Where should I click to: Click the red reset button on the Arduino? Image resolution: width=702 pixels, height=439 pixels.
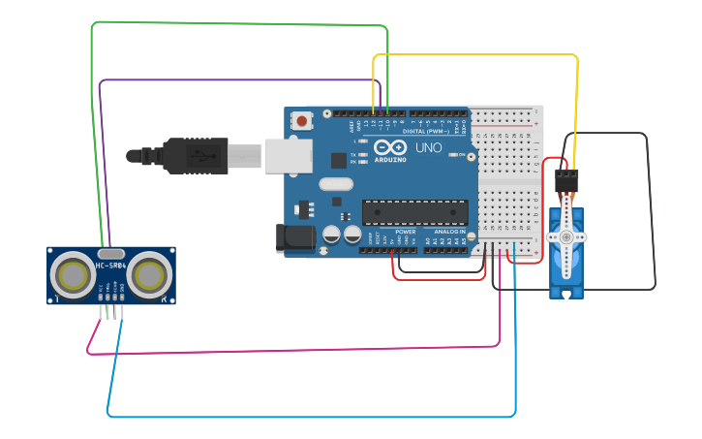tap(303, 122)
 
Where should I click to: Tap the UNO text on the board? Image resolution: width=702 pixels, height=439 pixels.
tap(428, 148)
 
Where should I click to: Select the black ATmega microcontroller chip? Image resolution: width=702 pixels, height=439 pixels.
tap(414, 212)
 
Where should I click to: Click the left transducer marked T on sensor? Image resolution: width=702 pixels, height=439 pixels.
tap(73, 276)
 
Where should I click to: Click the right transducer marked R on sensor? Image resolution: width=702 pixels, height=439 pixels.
tap(149, 276)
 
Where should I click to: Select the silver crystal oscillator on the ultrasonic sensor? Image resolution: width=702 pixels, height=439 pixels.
tap(111, 252)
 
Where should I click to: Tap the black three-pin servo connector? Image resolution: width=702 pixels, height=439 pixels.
tap(566, 179)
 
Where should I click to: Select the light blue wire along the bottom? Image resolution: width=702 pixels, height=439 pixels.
tap(310, 417)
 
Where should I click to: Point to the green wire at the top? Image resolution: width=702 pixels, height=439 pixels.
tap(242, 23)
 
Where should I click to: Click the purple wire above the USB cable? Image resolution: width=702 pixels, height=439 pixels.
tap(242, 80)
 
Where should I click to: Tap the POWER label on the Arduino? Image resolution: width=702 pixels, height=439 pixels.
tap(406, 232)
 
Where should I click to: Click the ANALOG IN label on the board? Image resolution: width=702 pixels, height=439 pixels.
tap(447, 232)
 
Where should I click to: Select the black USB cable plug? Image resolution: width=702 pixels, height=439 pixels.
tap(194, 155)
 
